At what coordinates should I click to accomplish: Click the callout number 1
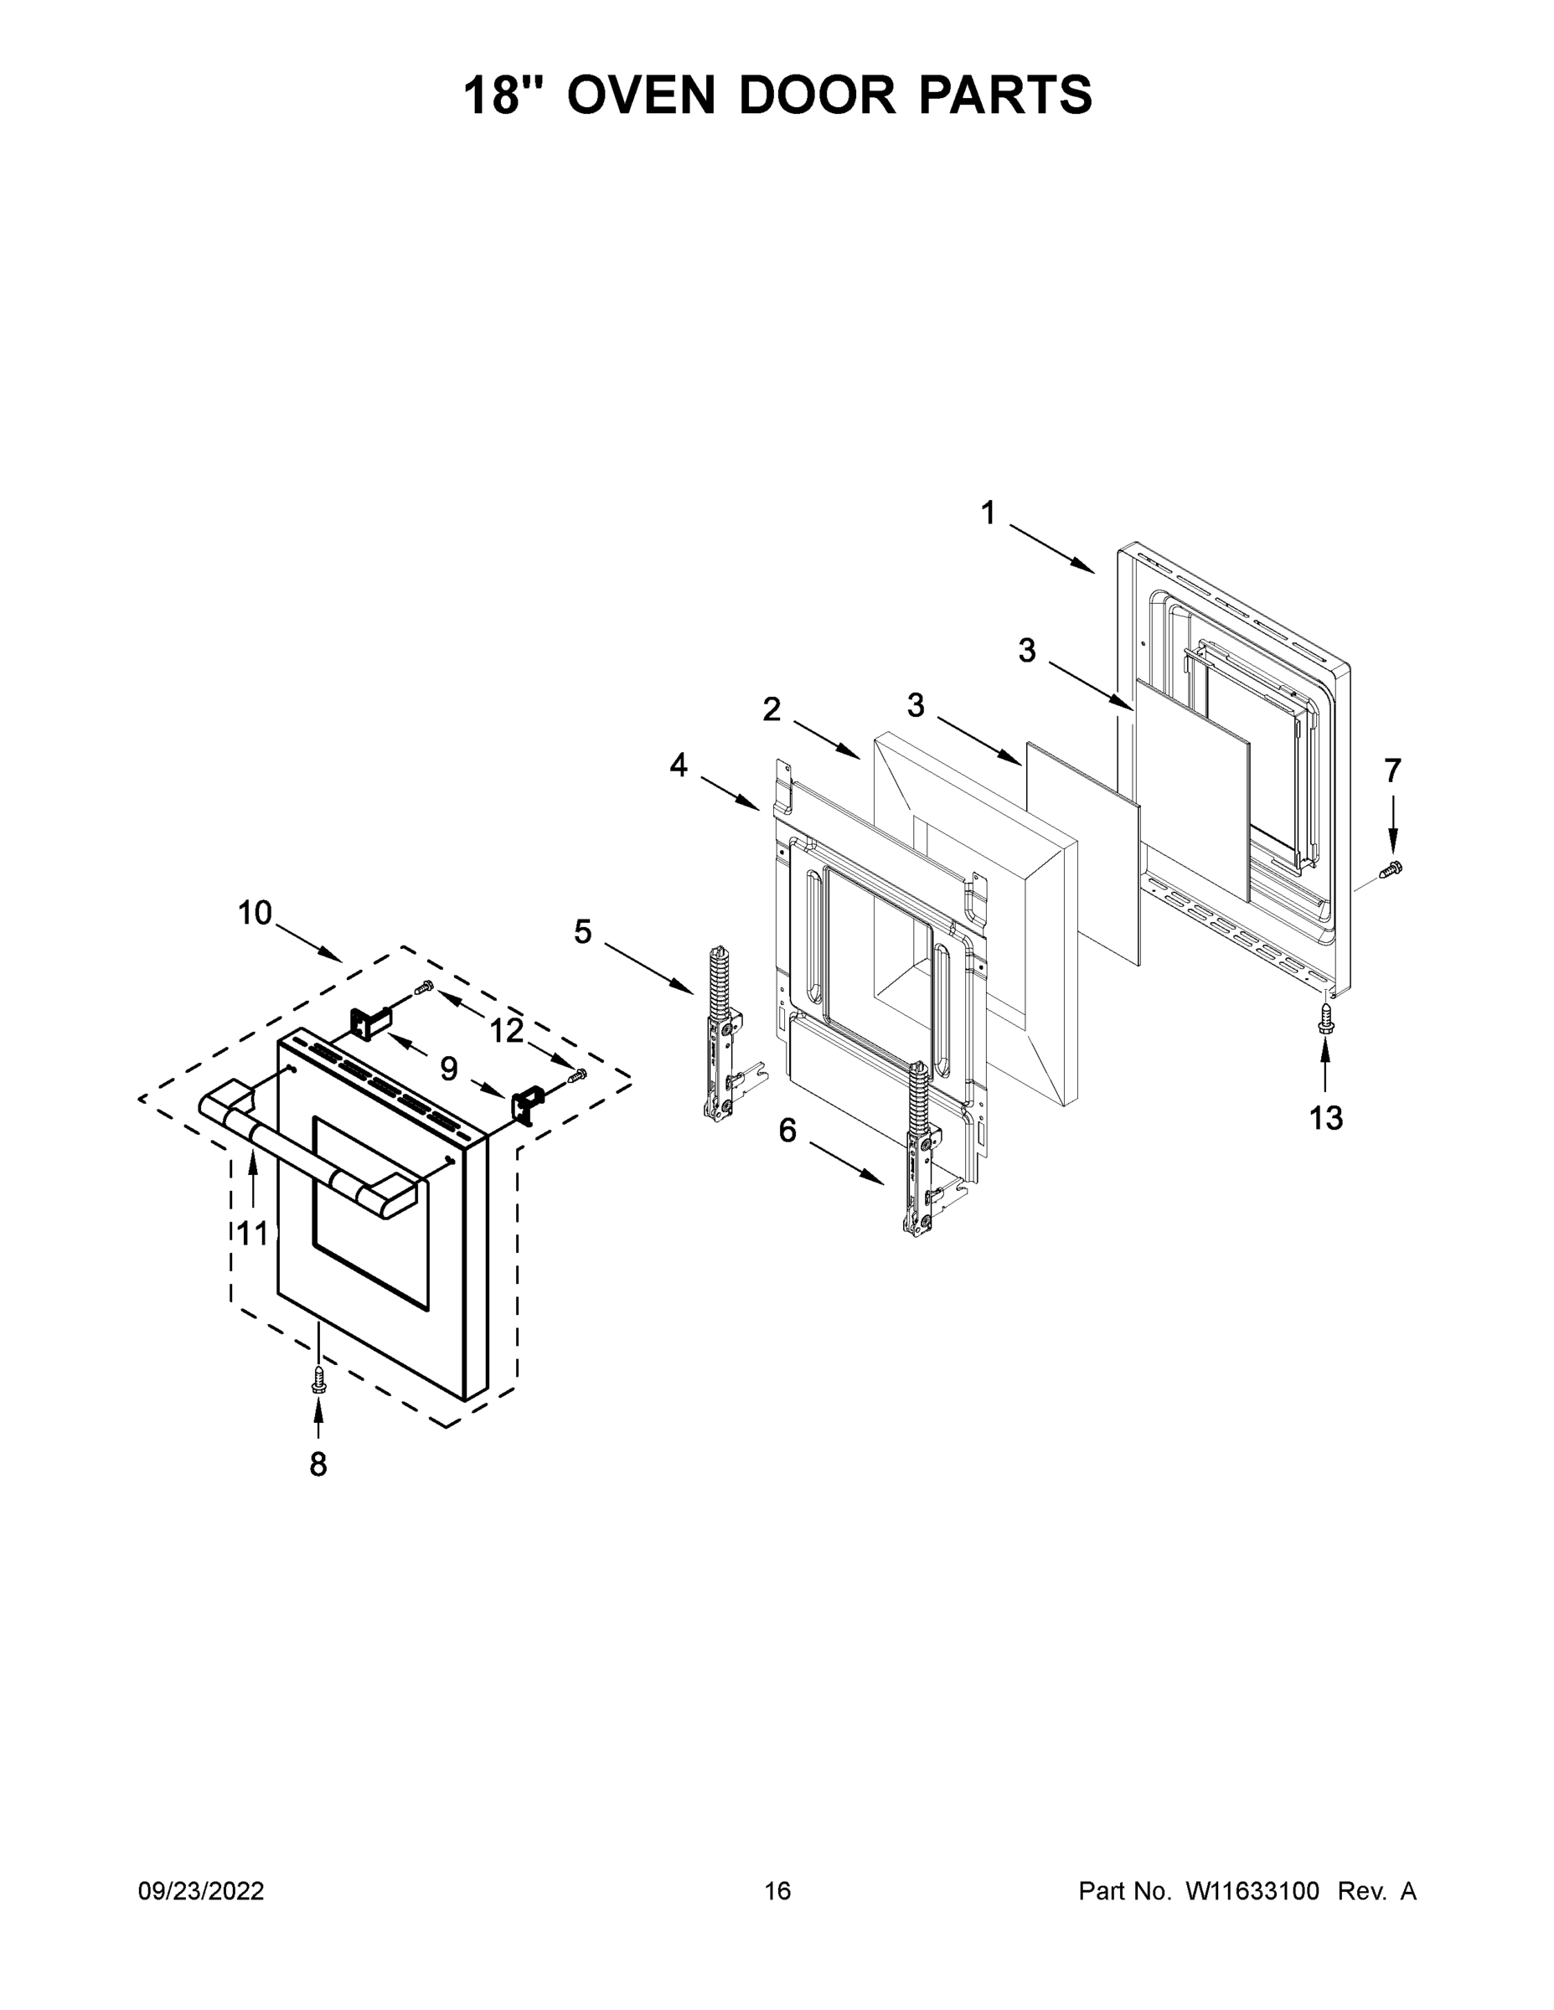tap(988, 513)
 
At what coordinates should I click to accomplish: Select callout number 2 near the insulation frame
tap(772, 709)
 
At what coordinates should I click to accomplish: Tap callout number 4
tap(679, 765)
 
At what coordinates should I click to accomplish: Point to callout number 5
tap(583, 931)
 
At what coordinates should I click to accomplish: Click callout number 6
tap(787, 1130)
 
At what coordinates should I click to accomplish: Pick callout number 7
tap(1392, 770)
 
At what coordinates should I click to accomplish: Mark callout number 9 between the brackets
tap(448, 1069)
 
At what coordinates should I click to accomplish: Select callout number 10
tap(255, 913)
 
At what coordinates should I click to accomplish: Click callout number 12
tap(506, 1031)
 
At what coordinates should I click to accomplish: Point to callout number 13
tap(1325, 1118)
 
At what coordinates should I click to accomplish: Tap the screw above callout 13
tap(1324, 1017)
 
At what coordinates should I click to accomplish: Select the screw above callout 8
tap(318, 1378)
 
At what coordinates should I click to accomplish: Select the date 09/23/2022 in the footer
tap(202, 1890)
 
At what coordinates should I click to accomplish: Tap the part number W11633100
tap(1252, 1890)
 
